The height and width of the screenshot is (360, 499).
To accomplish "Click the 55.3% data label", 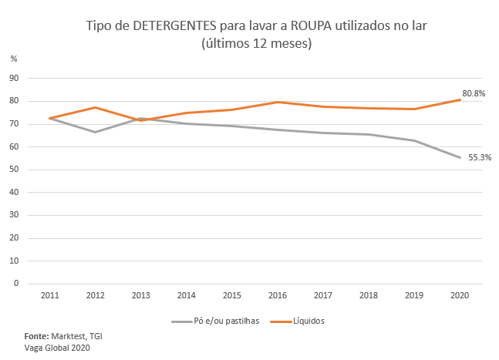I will tap(480, 158).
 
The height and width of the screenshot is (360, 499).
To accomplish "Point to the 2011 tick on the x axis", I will tap(50, 295).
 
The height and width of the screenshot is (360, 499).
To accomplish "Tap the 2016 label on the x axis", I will tap(278, 295).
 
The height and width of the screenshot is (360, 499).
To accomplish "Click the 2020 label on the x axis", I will tap(460, 295).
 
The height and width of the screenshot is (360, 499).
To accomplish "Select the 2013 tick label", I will tap(141, 295).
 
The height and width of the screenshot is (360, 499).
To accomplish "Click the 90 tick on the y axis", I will tap(14, 78).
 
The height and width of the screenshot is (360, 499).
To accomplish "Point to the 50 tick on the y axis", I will tap(14, 170).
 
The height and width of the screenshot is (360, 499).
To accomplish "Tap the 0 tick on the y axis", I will tap(16, 284).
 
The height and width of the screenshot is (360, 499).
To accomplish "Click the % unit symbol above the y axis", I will tap(13, 59).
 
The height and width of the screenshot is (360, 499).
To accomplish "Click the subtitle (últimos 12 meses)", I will tap(256, 44).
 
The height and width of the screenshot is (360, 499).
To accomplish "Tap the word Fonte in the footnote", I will tap(36, 337).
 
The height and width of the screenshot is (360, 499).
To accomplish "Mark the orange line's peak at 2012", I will tap(96, 107).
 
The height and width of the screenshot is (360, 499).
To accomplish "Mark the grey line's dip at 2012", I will tap(96, 132).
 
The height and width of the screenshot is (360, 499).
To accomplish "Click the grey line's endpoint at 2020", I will tap(460, 157).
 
